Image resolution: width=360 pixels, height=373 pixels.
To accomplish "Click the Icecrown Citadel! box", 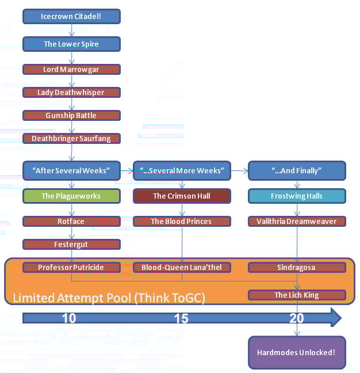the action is click(71, 17).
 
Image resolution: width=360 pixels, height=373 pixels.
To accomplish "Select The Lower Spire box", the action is click(71, 44).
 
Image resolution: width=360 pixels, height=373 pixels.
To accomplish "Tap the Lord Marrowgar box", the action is click(71, 69).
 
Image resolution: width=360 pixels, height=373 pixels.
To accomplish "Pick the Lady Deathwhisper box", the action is click(71, 92).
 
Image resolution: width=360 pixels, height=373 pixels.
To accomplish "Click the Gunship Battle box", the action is click(71, 115).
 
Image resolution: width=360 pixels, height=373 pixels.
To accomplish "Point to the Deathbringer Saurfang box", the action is click(71, 139).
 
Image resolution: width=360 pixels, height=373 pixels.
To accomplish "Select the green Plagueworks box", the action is click(71, 196).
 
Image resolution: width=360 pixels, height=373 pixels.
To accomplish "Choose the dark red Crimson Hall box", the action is click(182, 196).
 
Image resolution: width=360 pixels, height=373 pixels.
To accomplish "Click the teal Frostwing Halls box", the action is click(297, 196).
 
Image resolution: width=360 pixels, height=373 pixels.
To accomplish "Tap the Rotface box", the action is click(71, 221).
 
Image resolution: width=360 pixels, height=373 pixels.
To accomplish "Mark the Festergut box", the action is click(71, 244).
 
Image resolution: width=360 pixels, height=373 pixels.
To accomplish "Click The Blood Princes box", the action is click(182, 221).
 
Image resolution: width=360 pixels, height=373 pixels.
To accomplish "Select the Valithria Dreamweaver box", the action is click(297, 221).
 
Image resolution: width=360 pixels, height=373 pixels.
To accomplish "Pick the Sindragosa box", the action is click(297, 268).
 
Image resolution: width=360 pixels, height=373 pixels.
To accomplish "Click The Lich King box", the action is click(297, 295).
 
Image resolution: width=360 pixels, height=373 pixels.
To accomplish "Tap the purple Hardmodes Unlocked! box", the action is click(297, 352).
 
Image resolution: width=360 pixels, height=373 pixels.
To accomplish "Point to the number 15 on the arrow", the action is click(181, 318).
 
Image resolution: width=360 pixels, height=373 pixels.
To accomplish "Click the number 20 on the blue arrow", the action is click(297, 318).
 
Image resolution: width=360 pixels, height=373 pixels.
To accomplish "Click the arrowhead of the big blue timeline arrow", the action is click(336, 317).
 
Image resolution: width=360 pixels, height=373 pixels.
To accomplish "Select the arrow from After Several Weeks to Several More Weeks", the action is click(127, 171).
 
